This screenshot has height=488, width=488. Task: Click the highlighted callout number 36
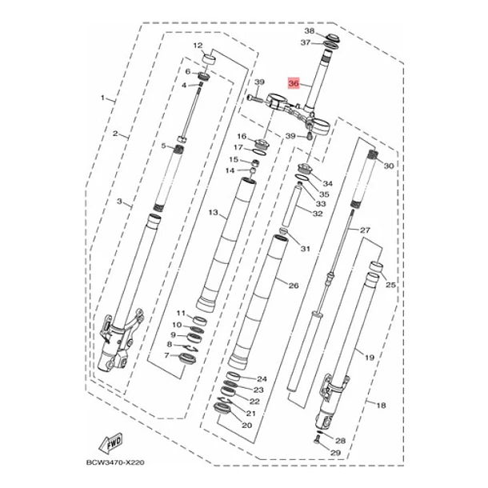click(294, 83)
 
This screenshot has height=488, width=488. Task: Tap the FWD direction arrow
click(111, 442)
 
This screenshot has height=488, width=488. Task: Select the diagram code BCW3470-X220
click(115, 462)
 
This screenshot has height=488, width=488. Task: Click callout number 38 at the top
click(310, 31)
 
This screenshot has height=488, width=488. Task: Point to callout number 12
click(198, 46)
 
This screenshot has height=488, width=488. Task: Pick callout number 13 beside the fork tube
click(213, 213)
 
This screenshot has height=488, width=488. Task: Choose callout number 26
click(294, 286)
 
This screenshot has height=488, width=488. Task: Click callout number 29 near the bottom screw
click(335, 453)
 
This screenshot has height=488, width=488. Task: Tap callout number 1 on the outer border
click(102, 98)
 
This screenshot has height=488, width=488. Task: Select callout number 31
click(306, 249)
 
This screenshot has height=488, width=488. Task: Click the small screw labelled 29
click(317, 439)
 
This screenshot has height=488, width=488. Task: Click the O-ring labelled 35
click(302, 178)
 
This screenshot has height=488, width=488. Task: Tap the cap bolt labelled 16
click(262, 145)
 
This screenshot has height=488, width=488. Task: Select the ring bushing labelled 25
click(376, 267)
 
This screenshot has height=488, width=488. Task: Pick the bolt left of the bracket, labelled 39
click(255, 99)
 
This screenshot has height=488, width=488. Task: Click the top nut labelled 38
click(331, 38)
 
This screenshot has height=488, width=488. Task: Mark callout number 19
click(369, 358)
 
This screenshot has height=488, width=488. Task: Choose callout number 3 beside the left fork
click(119, 202)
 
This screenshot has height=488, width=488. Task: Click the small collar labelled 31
click(283, 231)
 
